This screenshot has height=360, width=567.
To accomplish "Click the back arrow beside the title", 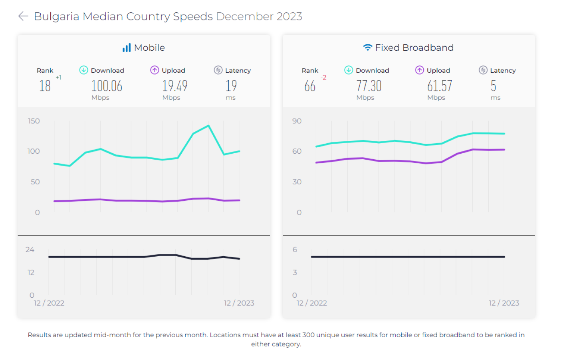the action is click(x=23, y=16).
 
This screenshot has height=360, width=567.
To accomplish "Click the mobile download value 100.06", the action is click(x=107, y=86).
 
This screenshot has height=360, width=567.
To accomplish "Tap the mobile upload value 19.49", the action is click(x=174, y=86).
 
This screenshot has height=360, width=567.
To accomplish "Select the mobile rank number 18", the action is click(x=45, y=86).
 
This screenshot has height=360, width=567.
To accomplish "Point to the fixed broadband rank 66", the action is click(x=310, y=86).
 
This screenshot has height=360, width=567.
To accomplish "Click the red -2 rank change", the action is click(x=323, y=77).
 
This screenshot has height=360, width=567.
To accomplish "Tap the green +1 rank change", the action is click(x=58, y=77).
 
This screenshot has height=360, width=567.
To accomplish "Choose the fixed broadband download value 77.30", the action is click(x=369, y=86).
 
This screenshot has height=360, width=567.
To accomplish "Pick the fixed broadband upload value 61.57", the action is click(x=440, y=86).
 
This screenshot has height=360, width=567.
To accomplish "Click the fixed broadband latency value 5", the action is click(x=494, y=86).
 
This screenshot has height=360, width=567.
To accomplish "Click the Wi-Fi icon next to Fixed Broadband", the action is click(x=367, y=47).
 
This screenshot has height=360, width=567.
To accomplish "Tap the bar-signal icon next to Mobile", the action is click(x=127, y=47).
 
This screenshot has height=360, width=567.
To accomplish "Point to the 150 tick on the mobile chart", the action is click(x=34, y=121).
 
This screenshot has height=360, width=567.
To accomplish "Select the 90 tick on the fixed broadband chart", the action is click(x=297, y=121).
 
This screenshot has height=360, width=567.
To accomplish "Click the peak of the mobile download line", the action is click(x=208, y=126).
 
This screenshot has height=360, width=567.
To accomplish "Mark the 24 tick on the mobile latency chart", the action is click(x=30, y=250).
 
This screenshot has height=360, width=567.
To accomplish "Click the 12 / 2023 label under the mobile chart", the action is click(x=239, y=303).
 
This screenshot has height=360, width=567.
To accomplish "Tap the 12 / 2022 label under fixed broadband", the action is click(x=312, y=303).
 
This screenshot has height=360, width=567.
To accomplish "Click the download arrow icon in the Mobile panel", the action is click(x=83, y=70).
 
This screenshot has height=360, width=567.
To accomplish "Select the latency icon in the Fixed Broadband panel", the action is click(x=483, y=70).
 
